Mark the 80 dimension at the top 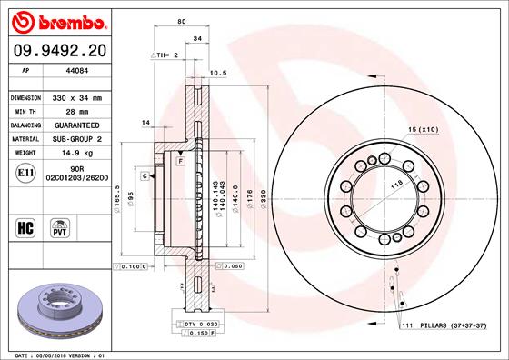pyautogui.click(x=182, y=21)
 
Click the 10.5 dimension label pyautogui.click(x=217, y=72)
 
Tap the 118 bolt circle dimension pyautogui.click(x=396, y=184)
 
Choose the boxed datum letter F pyautogui.click(x=181, y=161)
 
